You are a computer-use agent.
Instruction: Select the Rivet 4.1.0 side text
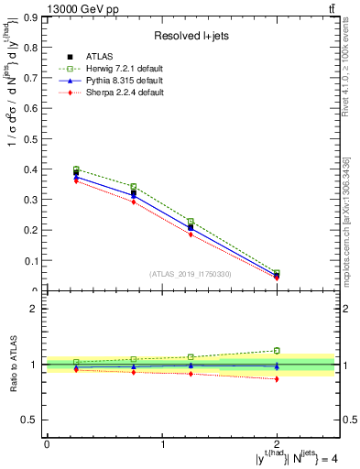click(345, 69)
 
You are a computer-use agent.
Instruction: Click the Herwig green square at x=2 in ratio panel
click(277, 351)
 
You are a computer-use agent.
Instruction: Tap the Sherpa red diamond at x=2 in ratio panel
click(277, 378)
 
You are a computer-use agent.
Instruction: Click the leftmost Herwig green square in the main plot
click(76, 169)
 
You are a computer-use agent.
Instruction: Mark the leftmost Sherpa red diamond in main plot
click(76, 180)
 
